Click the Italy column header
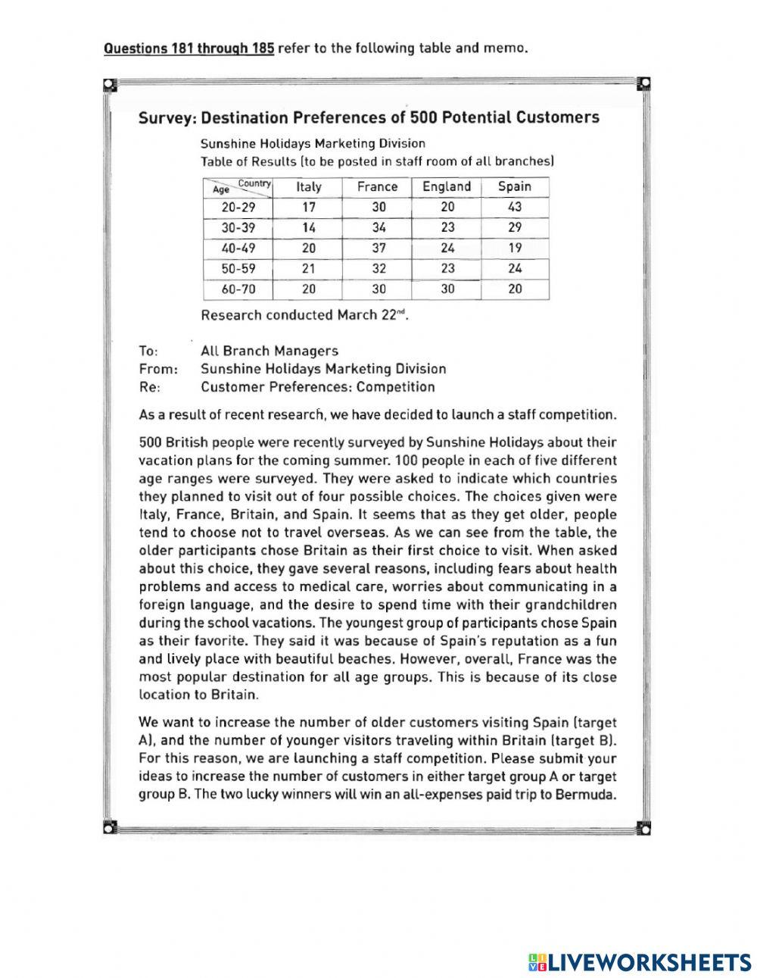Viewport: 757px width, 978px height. (x=308, y=187)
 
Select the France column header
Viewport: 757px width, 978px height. (x=377, y=187)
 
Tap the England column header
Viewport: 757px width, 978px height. (x=447, y=187)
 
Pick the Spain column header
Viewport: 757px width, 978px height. (x=515, y=187)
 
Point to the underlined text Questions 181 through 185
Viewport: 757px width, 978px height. (x=188, y=49)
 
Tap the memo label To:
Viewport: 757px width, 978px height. (x=148, y=352)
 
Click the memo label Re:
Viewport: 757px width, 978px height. (x=149, y=388)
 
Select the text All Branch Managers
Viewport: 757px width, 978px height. (x=269, y=352)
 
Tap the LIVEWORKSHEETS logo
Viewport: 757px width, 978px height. (x=640, y=942)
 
